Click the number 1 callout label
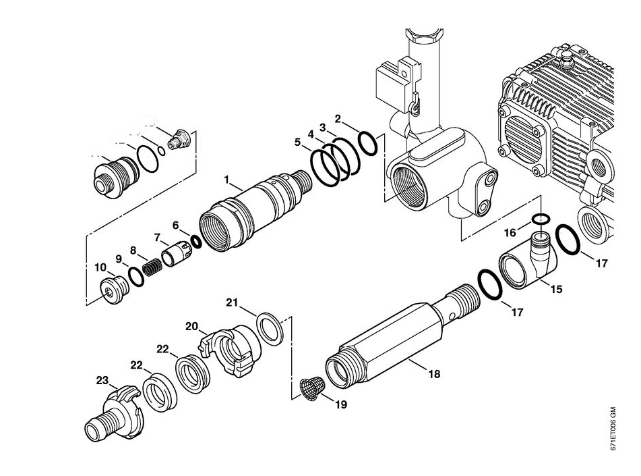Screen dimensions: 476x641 pyautogui.click(x=228, y=180)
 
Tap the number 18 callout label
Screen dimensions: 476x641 pyautogui.click(x=432, y=373)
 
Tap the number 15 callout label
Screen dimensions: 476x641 pyautogui.click(x=556, y=288)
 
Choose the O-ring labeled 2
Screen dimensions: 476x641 pyautogui.click(x=368, y=143)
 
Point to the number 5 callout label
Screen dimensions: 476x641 pyautogui.click(x=297, y=142)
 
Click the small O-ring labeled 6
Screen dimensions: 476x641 pyautogui.click(x=196, y=241)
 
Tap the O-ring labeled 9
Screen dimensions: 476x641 pyautogui.click(x=136, y=276)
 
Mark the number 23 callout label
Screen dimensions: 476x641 pyautogui.click(x=102, y=381)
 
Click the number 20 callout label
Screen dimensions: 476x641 pyautogui.click(x=192, y=326)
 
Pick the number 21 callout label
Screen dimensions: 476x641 pyautogui.click(x=233, y=301)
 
